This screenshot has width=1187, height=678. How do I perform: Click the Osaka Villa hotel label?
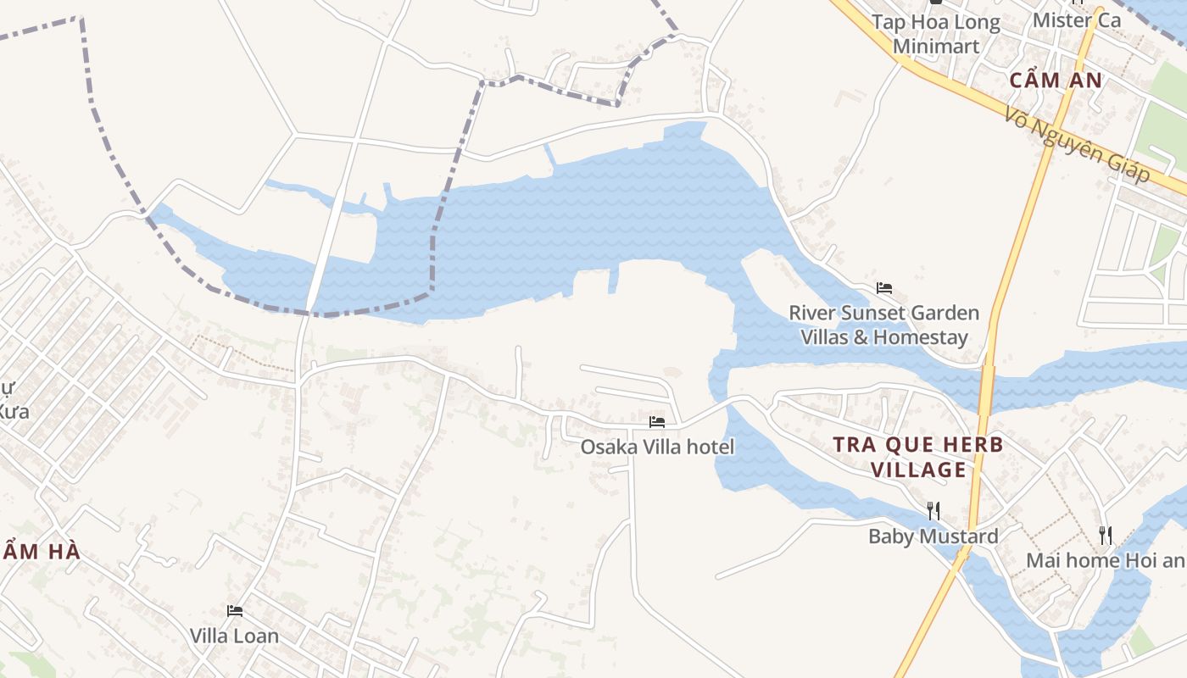657,447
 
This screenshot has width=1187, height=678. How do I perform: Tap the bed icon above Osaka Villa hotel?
657,422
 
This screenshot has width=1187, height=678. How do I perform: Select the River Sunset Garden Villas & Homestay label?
884,325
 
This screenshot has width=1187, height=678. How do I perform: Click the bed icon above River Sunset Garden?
884,288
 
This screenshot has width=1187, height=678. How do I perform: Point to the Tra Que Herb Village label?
918,457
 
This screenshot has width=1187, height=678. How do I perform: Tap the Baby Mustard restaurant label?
933,536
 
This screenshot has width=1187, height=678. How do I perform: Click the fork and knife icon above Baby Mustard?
933,510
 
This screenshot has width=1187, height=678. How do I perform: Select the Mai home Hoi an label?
1105,560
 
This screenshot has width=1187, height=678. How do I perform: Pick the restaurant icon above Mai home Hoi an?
1105,535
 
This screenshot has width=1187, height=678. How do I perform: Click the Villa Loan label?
234,636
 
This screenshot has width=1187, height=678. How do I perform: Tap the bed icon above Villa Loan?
235,610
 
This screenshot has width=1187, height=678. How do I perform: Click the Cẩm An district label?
1056,81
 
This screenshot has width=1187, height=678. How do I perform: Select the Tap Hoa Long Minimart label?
936,34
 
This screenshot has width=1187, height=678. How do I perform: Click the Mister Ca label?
1077,19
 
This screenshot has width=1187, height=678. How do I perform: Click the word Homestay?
920,337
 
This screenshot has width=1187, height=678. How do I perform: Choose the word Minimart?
936,46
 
